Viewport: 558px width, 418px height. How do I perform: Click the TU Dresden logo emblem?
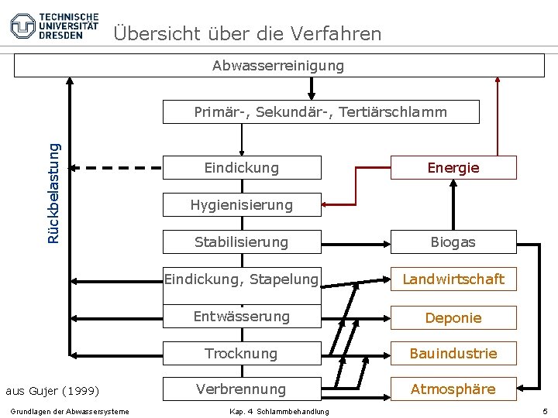(23, 26)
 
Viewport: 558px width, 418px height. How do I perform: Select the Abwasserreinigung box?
(279, 66)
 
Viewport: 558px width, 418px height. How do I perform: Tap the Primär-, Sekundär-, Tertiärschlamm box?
(321, 111)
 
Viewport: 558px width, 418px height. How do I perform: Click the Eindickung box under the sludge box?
(242, 167)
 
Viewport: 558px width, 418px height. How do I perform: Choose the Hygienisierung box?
(242, 205)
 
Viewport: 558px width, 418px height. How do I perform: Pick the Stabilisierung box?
(242, 242)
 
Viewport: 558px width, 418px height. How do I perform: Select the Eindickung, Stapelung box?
(242, 279)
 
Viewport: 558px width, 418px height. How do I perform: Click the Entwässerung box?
(242, 317)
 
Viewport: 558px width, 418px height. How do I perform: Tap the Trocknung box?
(242, 354)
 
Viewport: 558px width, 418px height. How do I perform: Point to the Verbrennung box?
(242, 389)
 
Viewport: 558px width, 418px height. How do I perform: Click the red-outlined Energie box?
(453, 167)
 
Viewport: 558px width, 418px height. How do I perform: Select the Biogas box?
(453, 242)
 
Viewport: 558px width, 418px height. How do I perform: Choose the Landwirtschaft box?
(453, 279)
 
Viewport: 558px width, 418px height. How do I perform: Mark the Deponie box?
(453, 317)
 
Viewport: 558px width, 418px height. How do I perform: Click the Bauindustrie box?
(453, 354)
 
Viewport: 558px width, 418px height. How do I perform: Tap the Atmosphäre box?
(453, 389)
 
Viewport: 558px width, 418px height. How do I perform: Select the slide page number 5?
(546, 410)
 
